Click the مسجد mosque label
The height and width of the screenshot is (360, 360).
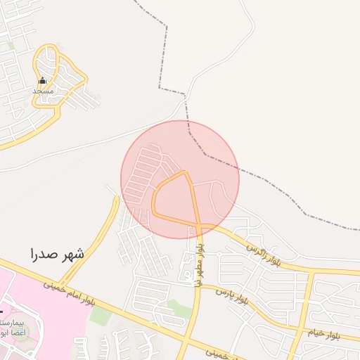click(x=44, y=91)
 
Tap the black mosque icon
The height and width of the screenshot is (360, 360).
click(x=42, y=80)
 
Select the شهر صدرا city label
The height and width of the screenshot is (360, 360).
click(x=57, y=254)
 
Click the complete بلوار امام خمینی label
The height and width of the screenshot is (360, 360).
click(x=67, y=296)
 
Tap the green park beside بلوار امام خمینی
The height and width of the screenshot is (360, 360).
click(x=101, y=316)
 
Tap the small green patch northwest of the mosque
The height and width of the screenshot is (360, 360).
click(x=11, y=45)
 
